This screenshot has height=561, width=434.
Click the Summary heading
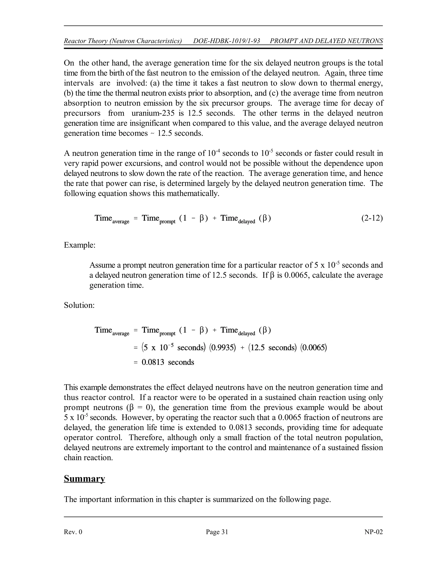[84, 479]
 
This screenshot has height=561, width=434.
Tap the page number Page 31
[217, 532]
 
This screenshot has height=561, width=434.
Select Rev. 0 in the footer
[73, 532]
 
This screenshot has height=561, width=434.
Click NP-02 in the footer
[373, 532]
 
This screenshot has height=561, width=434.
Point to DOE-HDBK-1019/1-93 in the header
[227, 41]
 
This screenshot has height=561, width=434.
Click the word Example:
[80, 245]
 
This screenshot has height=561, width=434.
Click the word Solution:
[79, 305]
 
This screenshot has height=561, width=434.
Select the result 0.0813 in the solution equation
[153, 362]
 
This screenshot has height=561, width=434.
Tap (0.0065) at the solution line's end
[314, 348]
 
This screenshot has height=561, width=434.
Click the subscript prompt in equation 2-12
[167, 222]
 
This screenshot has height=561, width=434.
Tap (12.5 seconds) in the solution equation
[273, 348]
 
